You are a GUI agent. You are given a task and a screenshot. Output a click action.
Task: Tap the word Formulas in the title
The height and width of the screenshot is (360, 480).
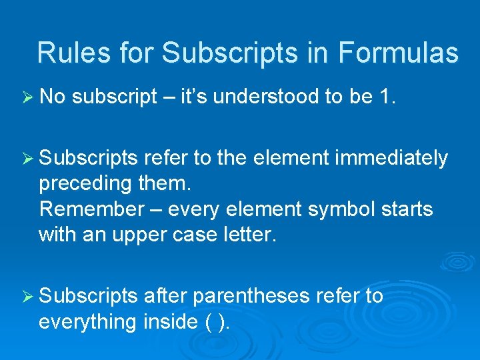[398, 53]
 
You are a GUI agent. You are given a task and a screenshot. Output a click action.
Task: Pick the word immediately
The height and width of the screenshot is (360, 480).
[391, 159]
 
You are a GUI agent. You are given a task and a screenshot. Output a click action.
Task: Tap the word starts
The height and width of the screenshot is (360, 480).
[406, 209]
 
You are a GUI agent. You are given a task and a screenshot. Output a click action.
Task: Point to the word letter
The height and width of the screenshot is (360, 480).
[249, 235]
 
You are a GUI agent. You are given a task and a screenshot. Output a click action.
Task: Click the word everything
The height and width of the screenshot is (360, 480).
[87, 321]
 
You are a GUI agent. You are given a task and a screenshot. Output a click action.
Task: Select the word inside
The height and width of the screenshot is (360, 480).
[169, 321]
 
